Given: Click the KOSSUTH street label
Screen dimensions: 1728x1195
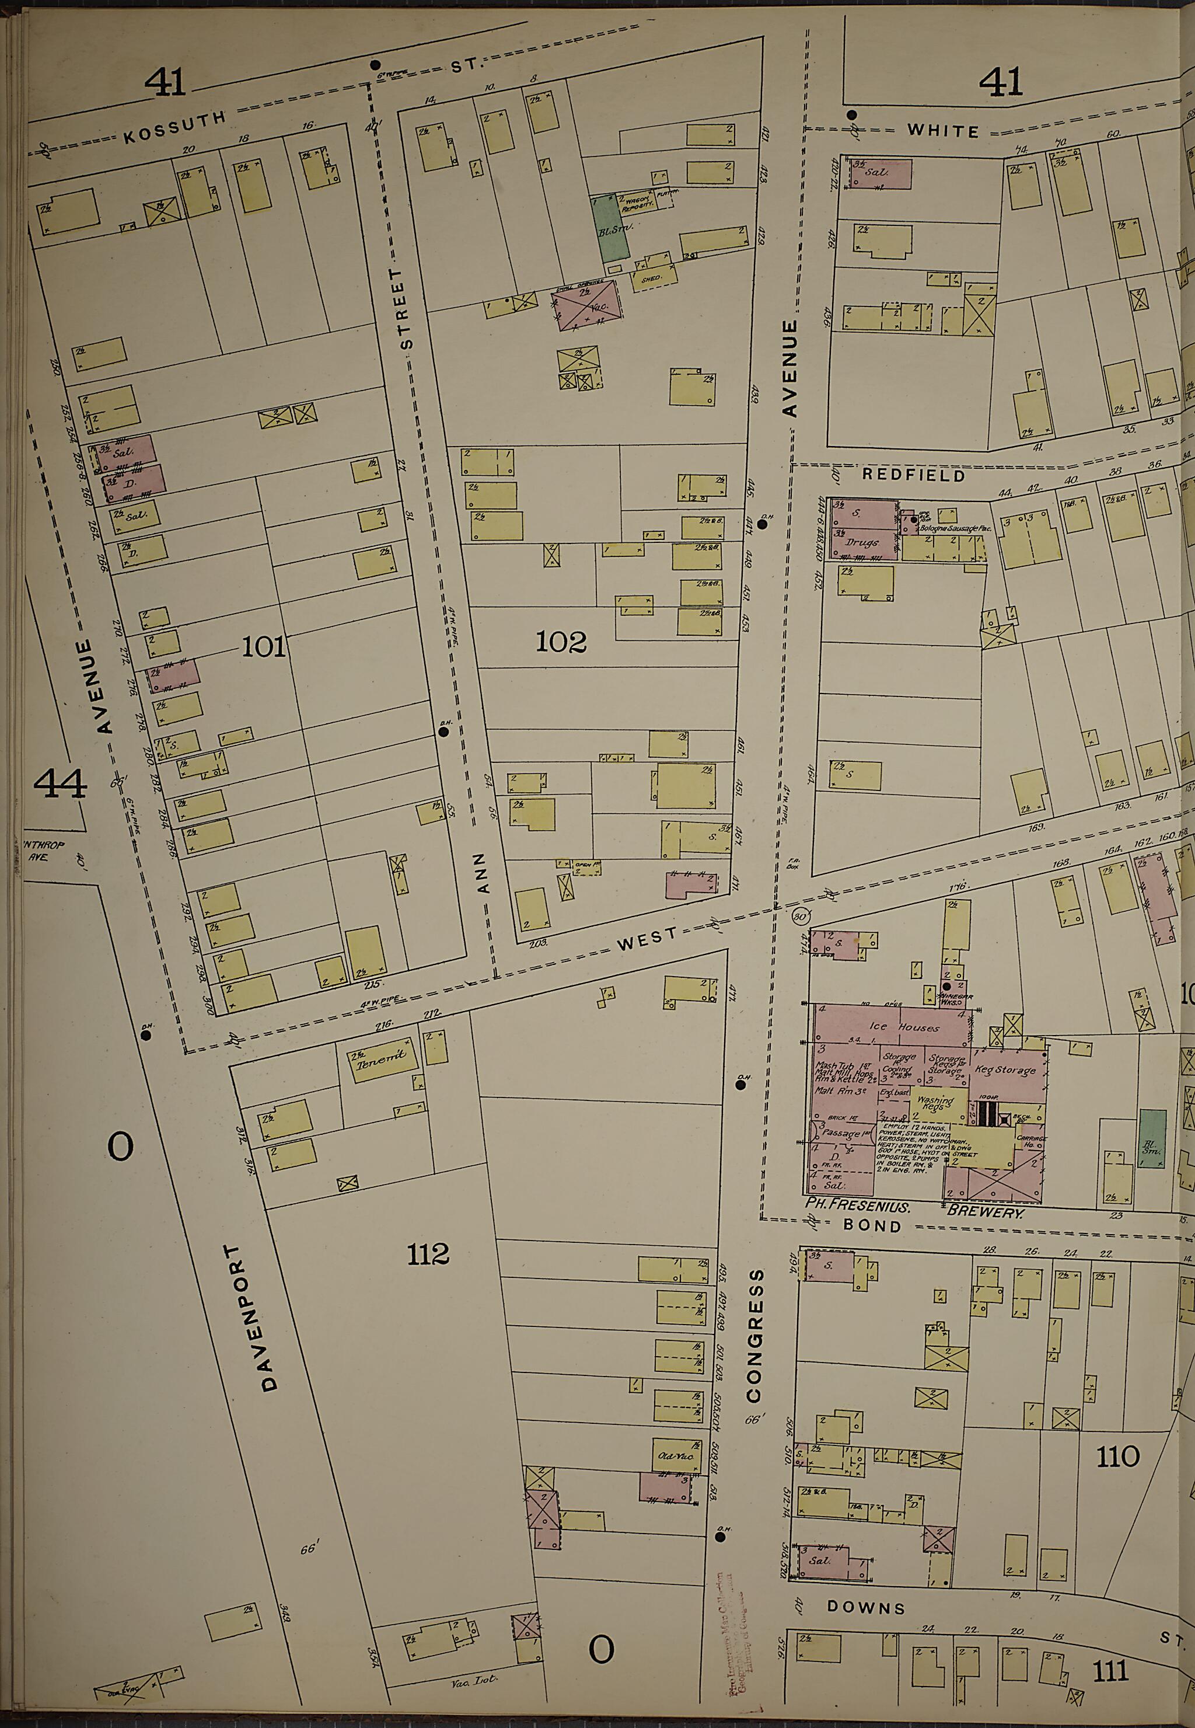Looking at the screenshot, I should (x=174, y=127).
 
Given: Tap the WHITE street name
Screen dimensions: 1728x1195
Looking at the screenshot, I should (x=943, y=131).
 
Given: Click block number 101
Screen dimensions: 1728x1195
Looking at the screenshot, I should (x=264, y=646).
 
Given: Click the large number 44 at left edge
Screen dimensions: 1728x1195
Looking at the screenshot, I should (x=60, y=784).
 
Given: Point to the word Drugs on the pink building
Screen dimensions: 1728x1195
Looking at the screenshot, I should (x=861, y=542).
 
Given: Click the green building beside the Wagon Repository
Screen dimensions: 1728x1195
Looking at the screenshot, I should (x=611, y=229).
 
